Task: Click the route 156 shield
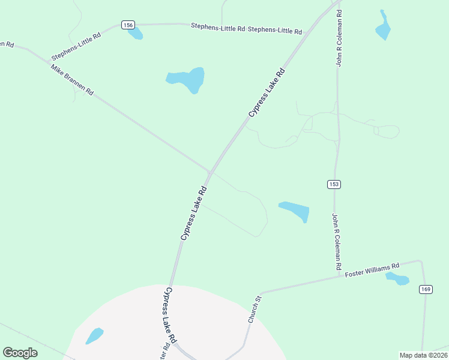click(x=127, y=25)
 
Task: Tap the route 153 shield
click(x=334, y=184)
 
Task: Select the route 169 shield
click(x=426, y=290)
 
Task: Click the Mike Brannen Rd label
click(x=72, y=80)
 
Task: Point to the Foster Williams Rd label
click(x=372, y=270)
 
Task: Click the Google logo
click(x=20, y=353)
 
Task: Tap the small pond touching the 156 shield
click(x=136, y=34)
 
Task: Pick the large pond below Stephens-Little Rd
click(x=187, y=79)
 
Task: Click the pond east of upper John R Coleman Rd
click(x=382, y=26)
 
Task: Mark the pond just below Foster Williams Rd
click(x=397, y=278)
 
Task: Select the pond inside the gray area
click(x=94, y=336)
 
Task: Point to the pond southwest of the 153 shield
click(x=295, y=211)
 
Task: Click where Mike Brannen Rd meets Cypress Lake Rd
click(x=209, y=172)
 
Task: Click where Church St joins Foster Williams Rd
click(x=262, y=293)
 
